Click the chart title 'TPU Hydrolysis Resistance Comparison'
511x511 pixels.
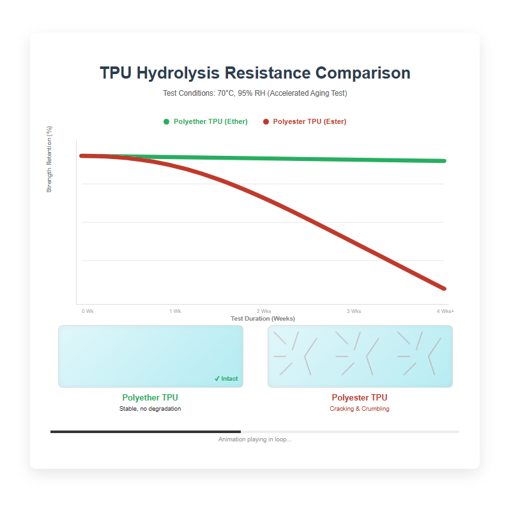tap(255, 73)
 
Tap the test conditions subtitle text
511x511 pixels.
tap(255, 93)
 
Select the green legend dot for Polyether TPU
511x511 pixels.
tap(167, 121)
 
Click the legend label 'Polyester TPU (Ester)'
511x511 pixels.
tap(309, 121)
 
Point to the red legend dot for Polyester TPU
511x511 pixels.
tap(266, 121)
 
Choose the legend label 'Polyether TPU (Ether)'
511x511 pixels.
tap(210, 121)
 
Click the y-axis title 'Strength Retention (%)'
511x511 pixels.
tap(49, 159)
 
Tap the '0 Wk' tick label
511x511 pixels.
tap(88, 311)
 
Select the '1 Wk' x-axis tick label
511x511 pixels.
tap(175, 311)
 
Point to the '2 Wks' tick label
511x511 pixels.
tap(264, 311)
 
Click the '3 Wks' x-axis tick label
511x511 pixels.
tap(354, 311)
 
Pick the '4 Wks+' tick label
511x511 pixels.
tap(445, 311)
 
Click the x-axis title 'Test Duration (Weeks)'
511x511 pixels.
tap(263, 318)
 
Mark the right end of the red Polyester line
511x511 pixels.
tap(444, 288)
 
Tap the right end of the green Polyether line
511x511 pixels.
tap(444, 160)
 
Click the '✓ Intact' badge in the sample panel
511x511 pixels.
tap(226, 379)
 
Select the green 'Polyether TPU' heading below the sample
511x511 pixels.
tap(150, 397)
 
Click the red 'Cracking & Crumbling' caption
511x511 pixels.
tap(360, 409)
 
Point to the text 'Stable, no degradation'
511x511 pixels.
tap(150, 409)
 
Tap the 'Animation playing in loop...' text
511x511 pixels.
tap(255, 439)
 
